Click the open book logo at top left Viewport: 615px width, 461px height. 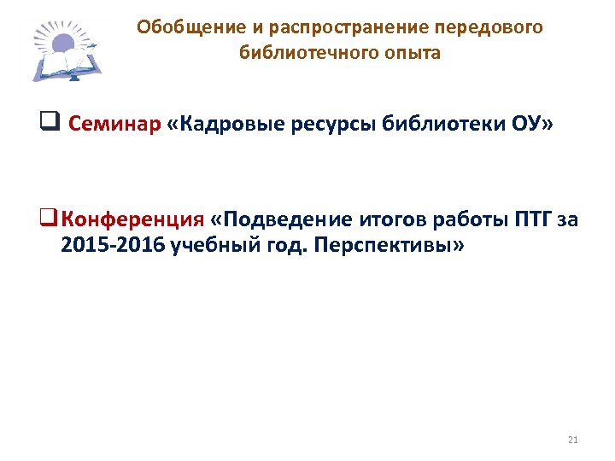(67, 53)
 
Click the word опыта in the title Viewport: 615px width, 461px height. (413, 53)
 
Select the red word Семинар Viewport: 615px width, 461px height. (114, 125)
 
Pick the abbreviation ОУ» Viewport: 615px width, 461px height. (534, 125)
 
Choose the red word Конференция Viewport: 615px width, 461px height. (133, 220)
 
